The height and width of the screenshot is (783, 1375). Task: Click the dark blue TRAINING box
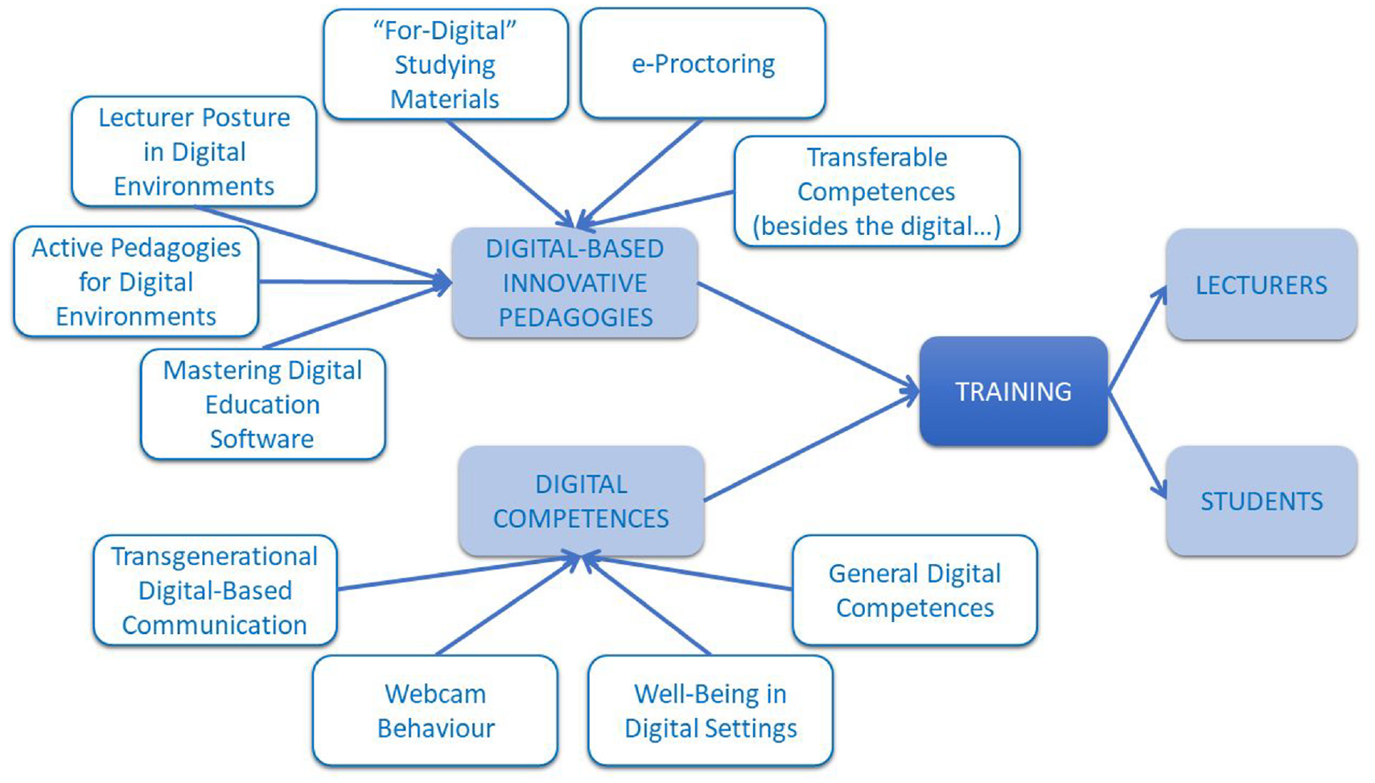coord(1014,391)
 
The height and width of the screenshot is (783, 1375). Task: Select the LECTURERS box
coord(1262,284)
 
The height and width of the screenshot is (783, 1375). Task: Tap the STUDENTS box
coord(1262,501)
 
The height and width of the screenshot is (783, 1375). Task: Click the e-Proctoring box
coord(703,64)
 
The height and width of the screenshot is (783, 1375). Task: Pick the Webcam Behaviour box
coord(435,711)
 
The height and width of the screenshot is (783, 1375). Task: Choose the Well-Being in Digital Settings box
coord(710,711)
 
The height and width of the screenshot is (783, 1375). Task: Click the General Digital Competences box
coord(915,590)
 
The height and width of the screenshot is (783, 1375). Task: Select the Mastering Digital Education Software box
coord(263,404)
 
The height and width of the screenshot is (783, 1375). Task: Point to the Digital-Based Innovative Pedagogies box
coord(574,282)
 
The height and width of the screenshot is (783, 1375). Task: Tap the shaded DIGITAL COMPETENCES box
coord(581,501)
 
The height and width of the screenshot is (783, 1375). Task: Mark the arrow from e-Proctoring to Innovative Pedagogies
coord(639,174)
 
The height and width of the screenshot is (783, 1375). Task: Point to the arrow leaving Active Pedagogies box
coord(355,282)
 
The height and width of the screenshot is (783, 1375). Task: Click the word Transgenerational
coord(214,556)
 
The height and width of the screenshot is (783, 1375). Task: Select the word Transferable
coord(876,157)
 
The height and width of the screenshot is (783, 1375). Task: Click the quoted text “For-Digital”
coord(445,31)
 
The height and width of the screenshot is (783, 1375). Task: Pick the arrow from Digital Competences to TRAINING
coord(812,446)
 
